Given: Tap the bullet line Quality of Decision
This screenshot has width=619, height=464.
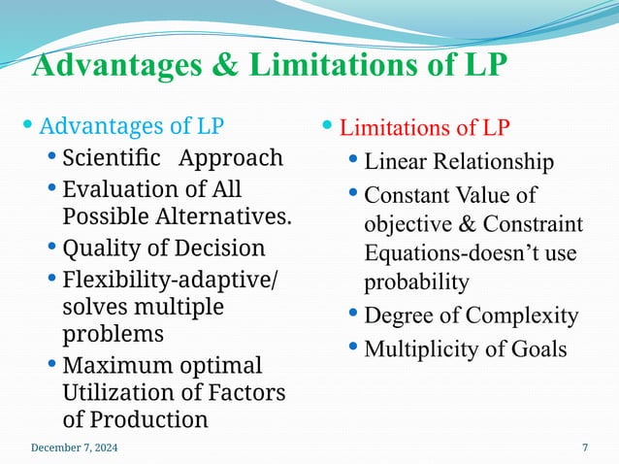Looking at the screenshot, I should click(163, 247).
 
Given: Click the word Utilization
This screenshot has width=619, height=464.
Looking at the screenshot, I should click(125, 392).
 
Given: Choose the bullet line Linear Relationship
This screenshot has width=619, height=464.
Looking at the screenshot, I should click(459, 162).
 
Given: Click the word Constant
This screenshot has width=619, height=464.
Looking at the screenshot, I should click(406, 195).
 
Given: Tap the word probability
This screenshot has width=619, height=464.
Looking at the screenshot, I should click(416, 282).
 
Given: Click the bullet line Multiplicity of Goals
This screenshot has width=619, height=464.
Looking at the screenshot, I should click(465, 348).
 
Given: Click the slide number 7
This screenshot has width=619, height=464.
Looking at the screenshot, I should click(585, 447).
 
